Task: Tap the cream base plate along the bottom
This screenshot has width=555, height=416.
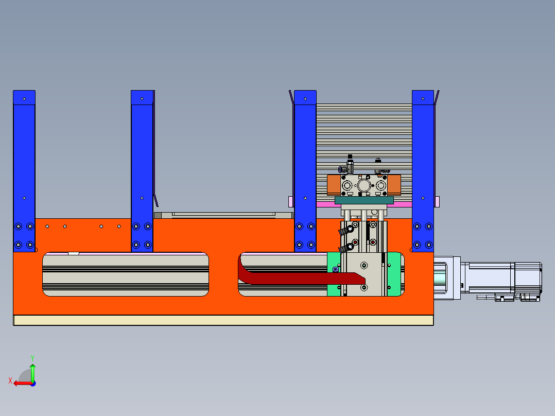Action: (223, 320)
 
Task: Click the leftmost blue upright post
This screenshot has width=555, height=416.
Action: (24, 171)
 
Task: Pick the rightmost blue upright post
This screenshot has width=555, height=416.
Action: (423, 171)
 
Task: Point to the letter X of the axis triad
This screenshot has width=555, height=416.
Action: (10, 381)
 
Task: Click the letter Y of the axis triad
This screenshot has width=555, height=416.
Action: (32, 358)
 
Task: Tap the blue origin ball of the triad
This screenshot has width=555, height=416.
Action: (33, 384)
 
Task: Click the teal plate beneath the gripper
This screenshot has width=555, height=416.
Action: (364, 200)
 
